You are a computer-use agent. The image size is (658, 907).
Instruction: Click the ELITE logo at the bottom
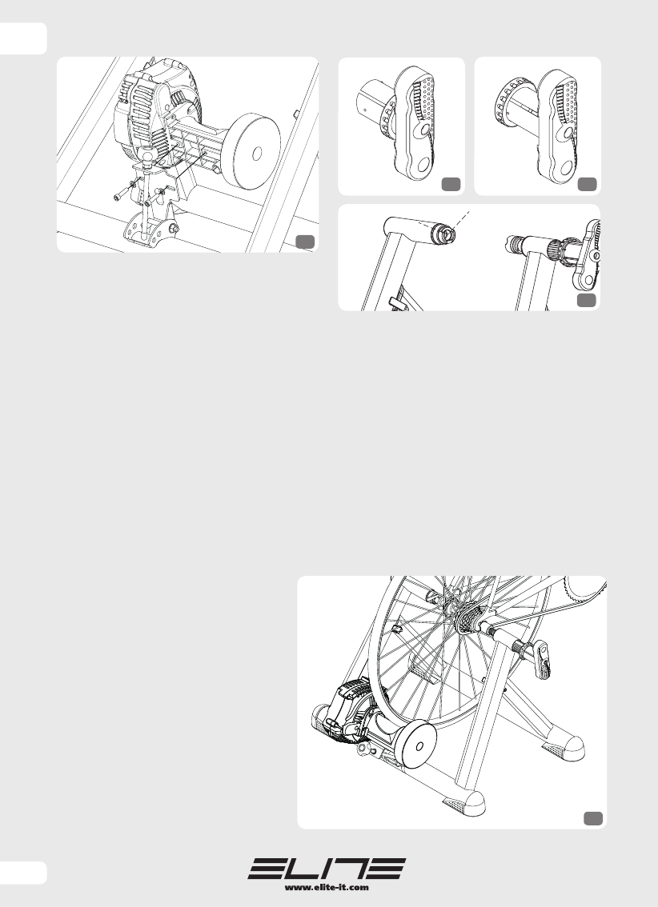(x=327, y=869)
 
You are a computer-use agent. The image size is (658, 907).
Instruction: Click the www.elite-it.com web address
(x=327, y=887)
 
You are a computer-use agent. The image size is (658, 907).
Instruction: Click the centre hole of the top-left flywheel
(x=258, y=154)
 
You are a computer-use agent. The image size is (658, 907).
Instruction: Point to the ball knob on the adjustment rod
(x=147, y=156)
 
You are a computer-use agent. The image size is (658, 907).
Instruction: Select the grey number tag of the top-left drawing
(x=305, y=242)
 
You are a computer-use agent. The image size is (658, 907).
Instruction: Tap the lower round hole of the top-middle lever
(x=423, y=165)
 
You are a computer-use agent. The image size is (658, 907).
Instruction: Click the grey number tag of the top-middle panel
(x=451, y=184)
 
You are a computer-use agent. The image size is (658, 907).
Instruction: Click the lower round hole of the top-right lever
(x=566, y=168)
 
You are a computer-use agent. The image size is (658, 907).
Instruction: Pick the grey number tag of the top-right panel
(x=588, y=184)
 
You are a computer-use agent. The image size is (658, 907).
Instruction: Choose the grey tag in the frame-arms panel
(x=588, y=299)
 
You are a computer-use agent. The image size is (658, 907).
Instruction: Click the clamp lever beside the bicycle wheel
(x=542, y=660)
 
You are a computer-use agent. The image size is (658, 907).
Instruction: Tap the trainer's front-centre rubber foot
(x=464, y=804)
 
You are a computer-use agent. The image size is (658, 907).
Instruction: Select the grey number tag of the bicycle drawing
(x=593, y=818)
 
